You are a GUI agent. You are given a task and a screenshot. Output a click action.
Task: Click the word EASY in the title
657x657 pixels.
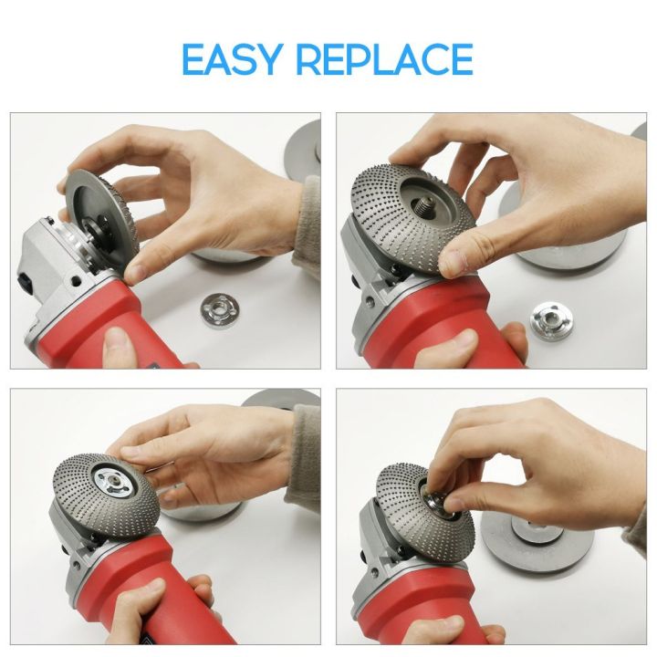(x=233, y=59)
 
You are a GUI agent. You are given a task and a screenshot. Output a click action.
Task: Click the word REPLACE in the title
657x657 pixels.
(x=384, y=59)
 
